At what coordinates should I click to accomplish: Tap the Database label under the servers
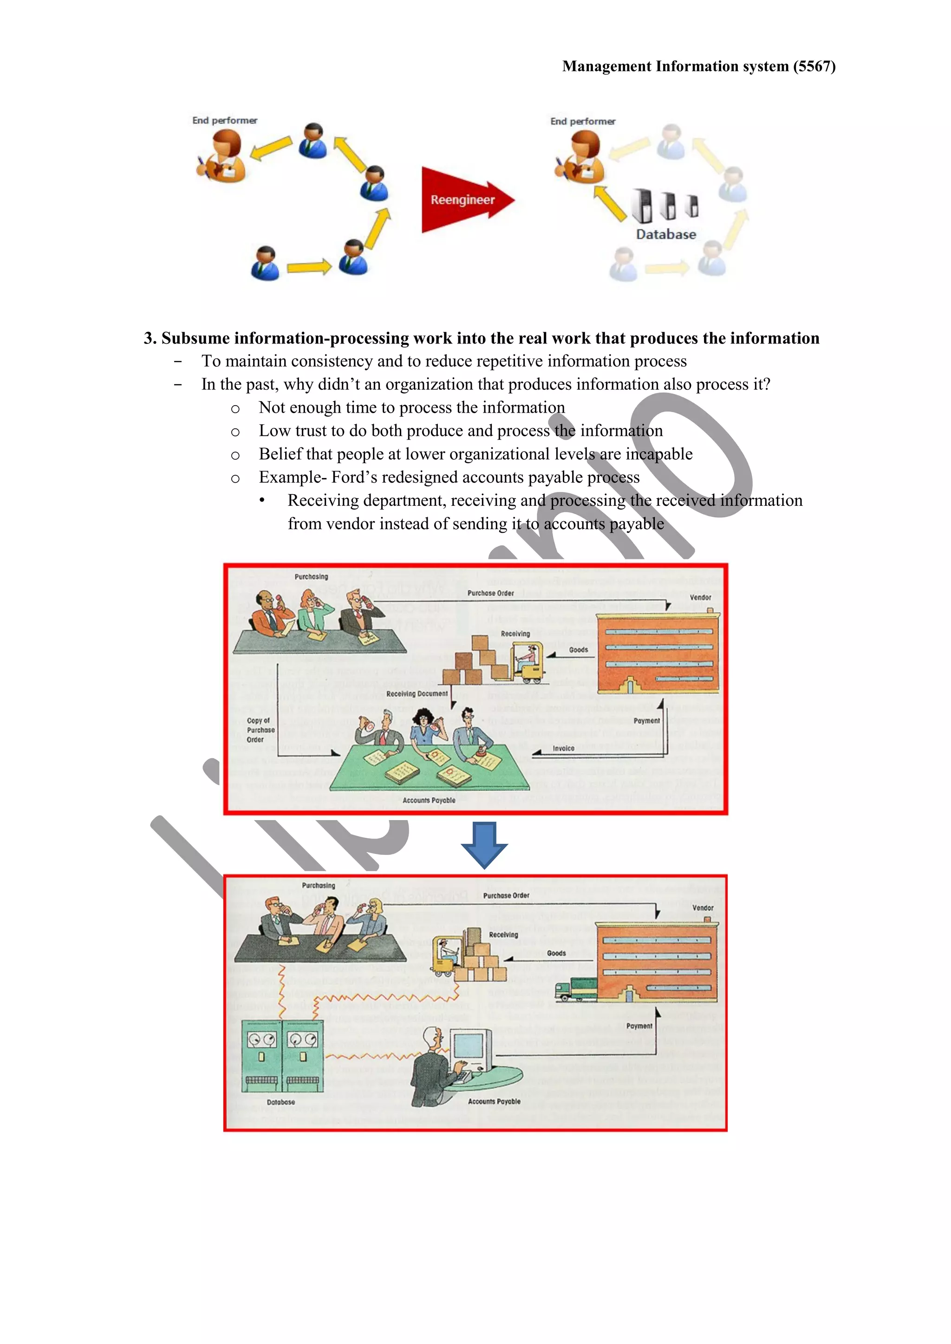click(x=666, y=234)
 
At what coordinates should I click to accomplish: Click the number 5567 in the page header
click(x=814, y=66)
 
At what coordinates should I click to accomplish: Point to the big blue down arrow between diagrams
click(x=484, y=845)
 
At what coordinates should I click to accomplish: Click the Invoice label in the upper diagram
click(x=563, y=748)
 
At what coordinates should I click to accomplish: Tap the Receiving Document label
click(x=417, y=694)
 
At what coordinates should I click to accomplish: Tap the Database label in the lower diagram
click(x=280, y=1102)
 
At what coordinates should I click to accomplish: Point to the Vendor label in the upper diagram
click(x=700, y=598)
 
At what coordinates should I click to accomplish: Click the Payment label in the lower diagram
click(x=639, y=1026)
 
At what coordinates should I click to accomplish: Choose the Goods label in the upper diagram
click(x=578, y=650)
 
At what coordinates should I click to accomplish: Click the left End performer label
click(x=225, y=121)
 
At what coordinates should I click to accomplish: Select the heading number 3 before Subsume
click(x=150, y=338)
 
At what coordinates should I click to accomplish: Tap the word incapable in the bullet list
click(x=659, y=454)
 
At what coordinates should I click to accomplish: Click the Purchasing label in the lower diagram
click(x=319, y=885)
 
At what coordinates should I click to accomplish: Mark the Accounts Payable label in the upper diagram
click(x=429, y=800)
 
